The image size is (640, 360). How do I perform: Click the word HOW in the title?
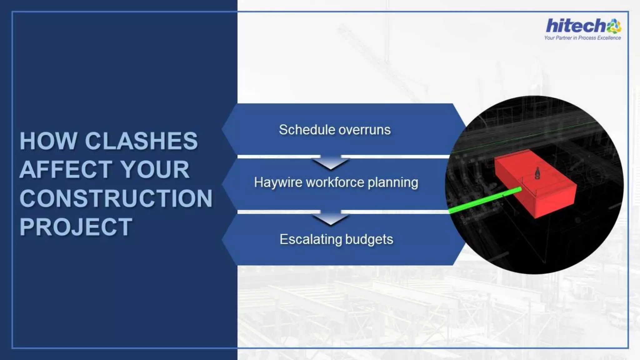coord(48,141)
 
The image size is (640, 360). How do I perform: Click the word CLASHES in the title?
coord(141,141)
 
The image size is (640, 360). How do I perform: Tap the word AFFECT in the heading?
coord(66,170)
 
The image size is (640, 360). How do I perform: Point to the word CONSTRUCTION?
coord(116,198)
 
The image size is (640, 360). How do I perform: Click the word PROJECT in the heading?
coord(76,227)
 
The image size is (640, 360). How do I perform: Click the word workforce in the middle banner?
coord(335,182)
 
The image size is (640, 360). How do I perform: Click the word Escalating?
coord(311,240)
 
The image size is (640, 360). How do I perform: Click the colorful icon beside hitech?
coord(614,26)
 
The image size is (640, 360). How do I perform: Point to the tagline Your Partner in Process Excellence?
coord(582,38)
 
